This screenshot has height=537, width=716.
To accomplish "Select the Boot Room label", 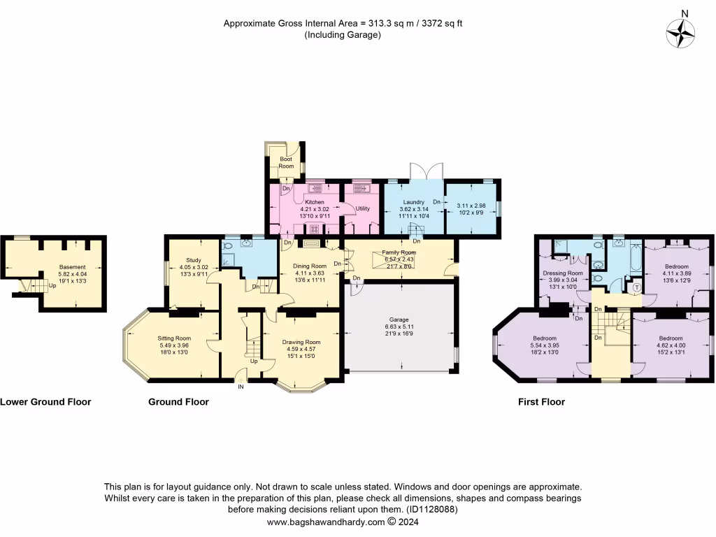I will pos(286,162).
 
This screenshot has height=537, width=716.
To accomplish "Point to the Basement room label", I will pos(72,267).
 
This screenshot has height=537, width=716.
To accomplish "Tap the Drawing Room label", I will pos(301,342).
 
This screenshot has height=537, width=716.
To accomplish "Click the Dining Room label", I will pos(309,266).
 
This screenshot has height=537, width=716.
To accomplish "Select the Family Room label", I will pos(399,252).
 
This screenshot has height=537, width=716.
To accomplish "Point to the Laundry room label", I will pos(413,202).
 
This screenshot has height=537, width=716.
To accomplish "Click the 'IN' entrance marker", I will pos(241,386).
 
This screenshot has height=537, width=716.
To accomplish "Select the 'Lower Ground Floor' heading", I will pos(45,402).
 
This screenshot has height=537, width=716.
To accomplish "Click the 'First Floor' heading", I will pos(541,402).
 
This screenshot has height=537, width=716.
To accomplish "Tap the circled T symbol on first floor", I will pos(636,287).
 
